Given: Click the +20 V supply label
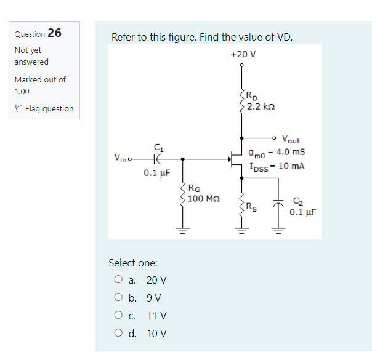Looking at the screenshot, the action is click(243, 54).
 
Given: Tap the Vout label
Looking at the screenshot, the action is click(291, 140).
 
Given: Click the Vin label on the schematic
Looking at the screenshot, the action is click(121, 159).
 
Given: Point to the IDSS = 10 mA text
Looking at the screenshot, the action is click(277, 166).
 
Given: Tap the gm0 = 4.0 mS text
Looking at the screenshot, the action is click(277, 152).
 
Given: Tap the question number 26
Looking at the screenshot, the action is click(54, 33).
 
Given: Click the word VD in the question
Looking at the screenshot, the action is click(283, 37).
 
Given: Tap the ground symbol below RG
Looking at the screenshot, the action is click(182, 232).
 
